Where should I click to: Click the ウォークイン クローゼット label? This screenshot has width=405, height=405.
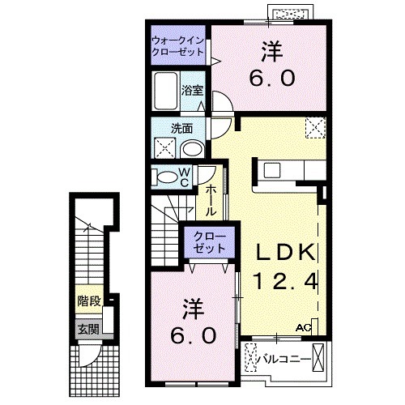(x=177, y=47)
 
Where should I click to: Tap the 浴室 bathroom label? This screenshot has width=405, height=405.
(x=192, y=90)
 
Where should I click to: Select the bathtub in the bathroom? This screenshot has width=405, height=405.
(x=167, y=91)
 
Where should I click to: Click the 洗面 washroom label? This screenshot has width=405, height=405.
(x=180, y=127)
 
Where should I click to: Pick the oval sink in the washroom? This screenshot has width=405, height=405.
(x=193, y=148)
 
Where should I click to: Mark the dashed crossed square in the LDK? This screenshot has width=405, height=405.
(x=313, y=127)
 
